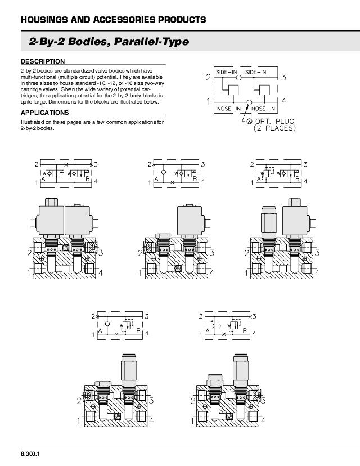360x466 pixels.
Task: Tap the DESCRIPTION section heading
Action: tap(43, 61)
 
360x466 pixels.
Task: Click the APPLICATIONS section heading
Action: tap(45, 113)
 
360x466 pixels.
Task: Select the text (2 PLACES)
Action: tap(274, 128)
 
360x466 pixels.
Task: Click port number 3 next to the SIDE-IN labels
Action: tap(284, 77)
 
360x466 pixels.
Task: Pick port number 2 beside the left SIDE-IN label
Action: tap(208, 77)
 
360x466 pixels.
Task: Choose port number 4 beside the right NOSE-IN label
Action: tap(284, 102)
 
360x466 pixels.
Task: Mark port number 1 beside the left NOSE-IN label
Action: tap(208, 102)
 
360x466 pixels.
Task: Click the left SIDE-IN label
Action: tap(227, 73)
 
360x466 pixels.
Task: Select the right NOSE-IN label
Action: tap(263, 108)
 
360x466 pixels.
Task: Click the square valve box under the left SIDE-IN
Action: tap(234, 90)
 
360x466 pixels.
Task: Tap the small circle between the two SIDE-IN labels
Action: tap(239, 77)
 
